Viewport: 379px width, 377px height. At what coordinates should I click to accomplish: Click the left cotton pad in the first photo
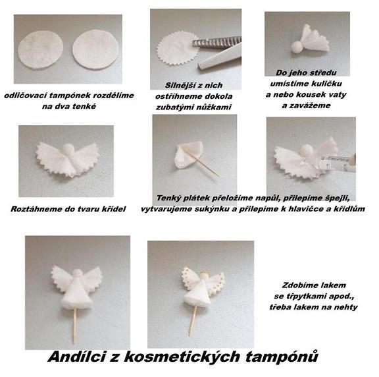(41, 49)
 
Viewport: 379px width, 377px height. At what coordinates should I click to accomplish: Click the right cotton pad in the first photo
(95, 49)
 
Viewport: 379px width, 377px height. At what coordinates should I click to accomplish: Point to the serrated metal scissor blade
(217, 42)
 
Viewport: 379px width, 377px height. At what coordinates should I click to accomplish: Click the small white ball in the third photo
(297, 47)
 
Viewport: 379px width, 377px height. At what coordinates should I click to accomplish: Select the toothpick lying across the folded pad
(200, 160)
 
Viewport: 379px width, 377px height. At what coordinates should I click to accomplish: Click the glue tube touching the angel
(338, 161)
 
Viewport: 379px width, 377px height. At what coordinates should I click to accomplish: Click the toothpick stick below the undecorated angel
(75, 326)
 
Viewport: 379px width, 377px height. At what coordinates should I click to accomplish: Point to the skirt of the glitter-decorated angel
(197, 294)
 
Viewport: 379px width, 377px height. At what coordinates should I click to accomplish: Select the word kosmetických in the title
(182, 357)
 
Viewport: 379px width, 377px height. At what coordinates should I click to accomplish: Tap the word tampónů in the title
(282, 357)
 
